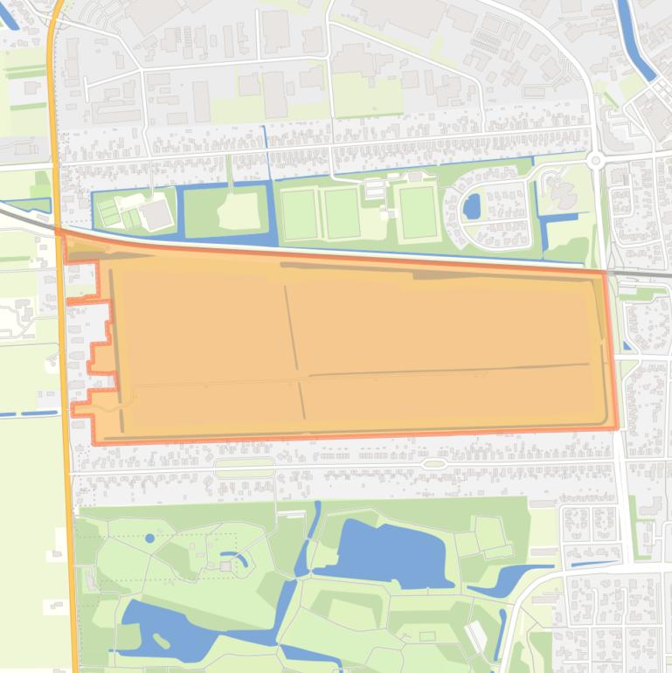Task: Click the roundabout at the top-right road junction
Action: tap(597, 160)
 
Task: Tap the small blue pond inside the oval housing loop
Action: tap(471, 207)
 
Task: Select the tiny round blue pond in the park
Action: tap(149, 538)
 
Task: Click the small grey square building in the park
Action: tap(225, 566)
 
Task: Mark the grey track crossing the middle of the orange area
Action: tap(294, 350)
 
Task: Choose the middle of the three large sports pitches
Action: tap(341, 212)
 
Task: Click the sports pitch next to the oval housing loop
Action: tap(419, 212)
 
